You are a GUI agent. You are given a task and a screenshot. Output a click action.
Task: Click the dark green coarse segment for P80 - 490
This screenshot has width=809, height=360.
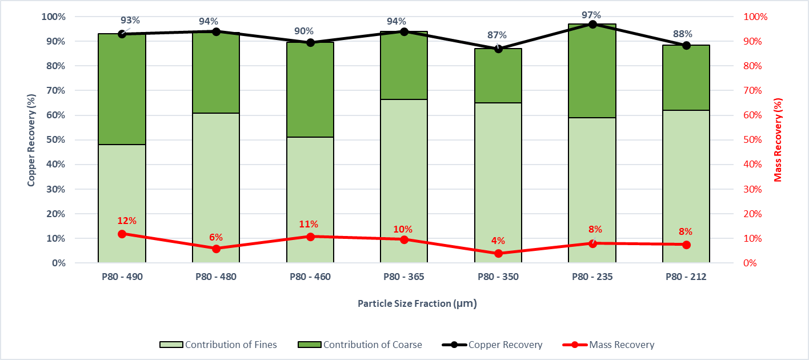click(x=122, y=89)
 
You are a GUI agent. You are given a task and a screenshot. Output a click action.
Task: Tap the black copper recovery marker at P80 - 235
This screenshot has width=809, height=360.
click(x=592, y=25)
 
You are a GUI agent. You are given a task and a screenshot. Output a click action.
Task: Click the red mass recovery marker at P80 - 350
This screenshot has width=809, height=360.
click(x=498, y=253)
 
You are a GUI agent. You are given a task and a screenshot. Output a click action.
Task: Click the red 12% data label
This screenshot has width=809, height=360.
click(x=127, y=221)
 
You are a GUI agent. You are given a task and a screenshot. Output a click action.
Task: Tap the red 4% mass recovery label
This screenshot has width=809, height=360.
click(x=498, y=241)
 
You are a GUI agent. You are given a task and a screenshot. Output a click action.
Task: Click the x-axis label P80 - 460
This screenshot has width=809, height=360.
click(x=310, y=277)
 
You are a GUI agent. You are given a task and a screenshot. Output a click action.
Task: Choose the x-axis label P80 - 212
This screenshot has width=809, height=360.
click(x=686, y=277)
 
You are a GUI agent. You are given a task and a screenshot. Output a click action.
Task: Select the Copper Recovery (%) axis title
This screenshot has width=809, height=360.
click(x=32, y=140)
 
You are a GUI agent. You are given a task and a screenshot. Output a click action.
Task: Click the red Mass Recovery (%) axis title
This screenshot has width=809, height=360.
click(x=778, y=140)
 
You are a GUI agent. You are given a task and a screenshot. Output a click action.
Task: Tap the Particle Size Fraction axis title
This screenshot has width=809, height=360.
click(x=416, y=303)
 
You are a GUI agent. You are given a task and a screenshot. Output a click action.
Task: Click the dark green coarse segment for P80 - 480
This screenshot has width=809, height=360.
click(x=216, y=73)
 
